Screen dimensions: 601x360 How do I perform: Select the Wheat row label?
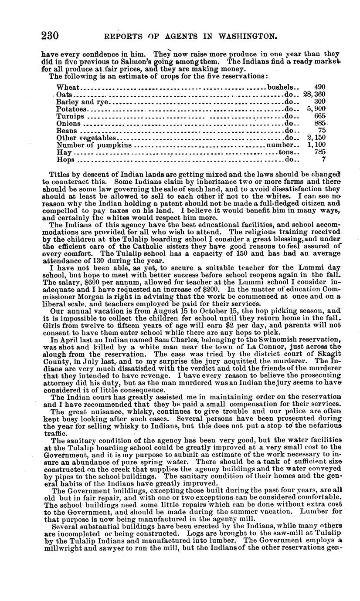66,87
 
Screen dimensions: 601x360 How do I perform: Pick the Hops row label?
65,160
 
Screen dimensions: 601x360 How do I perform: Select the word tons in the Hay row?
285,152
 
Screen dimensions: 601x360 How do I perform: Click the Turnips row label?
70,116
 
